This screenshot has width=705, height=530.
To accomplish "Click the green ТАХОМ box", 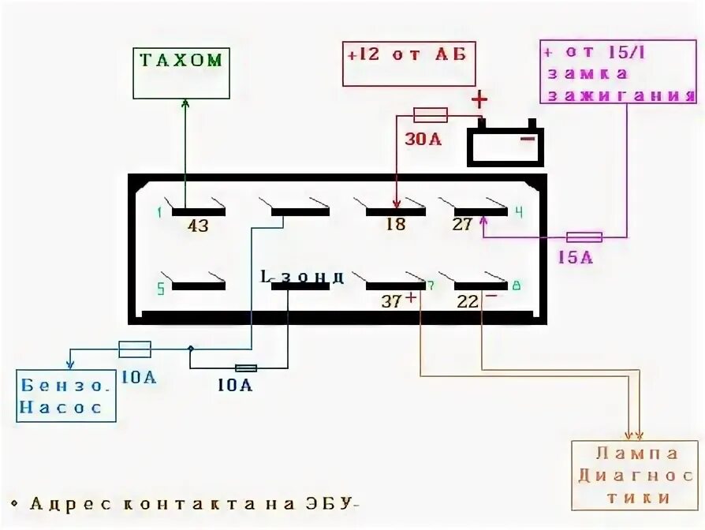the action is tap(181, 73).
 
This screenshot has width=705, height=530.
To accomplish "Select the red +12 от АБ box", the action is tap(408, 62).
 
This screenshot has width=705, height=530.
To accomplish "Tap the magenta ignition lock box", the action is tap(619, 73).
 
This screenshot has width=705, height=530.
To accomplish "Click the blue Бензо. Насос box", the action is tap(67, 395).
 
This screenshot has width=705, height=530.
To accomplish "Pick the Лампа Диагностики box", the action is tap(636, 475).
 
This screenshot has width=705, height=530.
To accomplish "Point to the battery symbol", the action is tap(505, 143).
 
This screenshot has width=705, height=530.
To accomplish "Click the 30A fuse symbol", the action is tap(431, 115).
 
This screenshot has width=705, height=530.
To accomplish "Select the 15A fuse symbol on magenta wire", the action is tap(584, 237).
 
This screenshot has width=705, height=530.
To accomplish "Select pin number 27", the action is tap(462, 225).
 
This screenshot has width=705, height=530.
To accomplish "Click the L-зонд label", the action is tap(302, 277).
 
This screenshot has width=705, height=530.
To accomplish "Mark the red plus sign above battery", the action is tap(479, 100).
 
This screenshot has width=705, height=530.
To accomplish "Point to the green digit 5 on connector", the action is tap(161, 289).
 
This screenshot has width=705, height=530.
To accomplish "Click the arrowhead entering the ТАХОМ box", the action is tap(185, 103).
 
